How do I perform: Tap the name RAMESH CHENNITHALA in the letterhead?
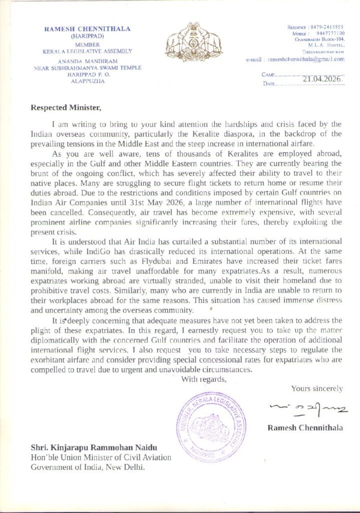pyautogui.click(x=88, y=29)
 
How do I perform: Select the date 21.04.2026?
pyautogui.click(x=322, y=79)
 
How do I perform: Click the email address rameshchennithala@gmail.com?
pyautogui.click(x=306, y=59)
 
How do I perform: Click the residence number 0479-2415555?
pyautogui.click(x=328, y=26)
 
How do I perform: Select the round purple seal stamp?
pyautogui.click(x=210, y=427)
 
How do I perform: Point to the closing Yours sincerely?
pyautogui.click(x=317, y=388)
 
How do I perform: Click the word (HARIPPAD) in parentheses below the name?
pyautogui.click(x=88, y=36)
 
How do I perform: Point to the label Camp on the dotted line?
pyautogui.click(x=267, y=74)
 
